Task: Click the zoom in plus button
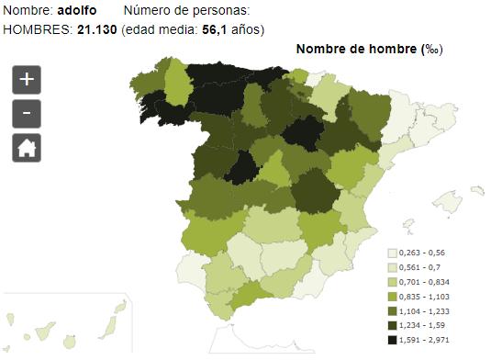27,80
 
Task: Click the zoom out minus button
27,114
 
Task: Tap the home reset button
27,147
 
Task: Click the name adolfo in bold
76,10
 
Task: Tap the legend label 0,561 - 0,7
425,266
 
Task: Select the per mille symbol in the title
429,50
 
